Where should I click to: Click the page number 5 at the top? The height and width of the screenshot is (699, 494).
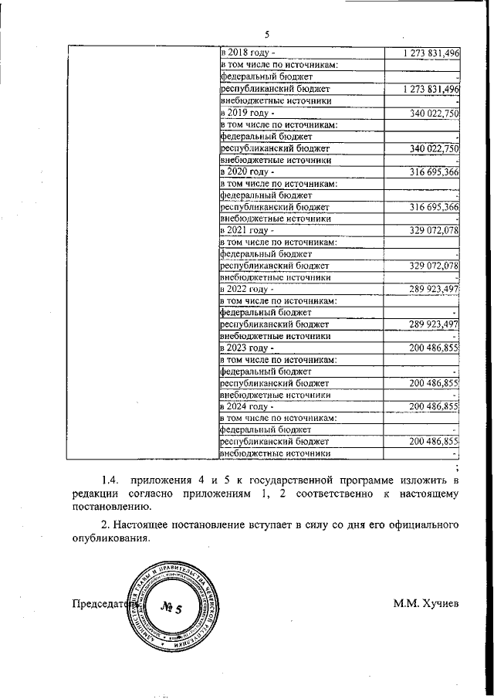267,34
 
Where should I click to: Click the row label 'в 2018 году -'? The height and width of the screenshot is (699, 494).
248,53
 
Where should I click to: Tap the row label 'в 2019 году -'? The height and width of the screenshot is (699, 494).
248,113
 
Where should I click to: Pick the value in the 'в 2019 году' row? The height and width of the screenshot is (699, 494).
435,113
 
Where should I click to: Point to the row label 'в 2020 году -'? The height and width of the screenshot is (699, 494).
248,171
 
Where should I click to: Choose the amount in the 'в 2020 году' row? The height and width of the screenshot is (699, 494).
435,171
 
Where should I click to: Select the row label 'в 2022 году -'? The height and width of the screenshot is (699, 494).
248,288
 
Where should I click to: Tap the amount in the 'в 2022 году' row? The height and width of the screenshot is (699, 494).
435,288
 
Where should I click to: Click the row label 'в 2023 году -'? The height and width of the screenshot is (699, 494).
248,348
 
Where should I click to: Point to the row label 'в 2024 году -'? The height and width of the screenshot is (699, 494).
248,406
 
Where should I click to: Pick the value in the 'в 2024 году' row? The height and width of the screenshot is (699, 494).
435,406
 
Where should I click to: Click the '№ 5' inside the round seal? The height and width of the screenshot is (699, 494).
170,608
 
